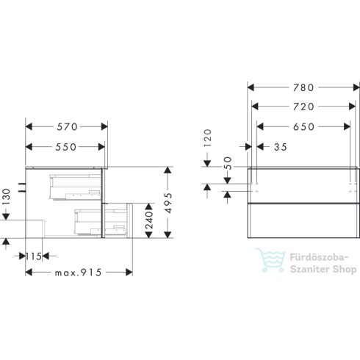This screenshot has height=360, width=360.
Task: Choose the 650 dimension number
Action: tap(303, 126)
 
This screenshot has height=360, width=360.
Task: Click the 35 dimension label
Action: tap(279, 145)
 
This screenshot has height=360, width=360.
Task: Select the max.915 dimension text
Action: tap(78, 273)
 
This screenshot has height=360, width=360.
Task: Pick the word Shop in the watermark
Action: tap(340, 270)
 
